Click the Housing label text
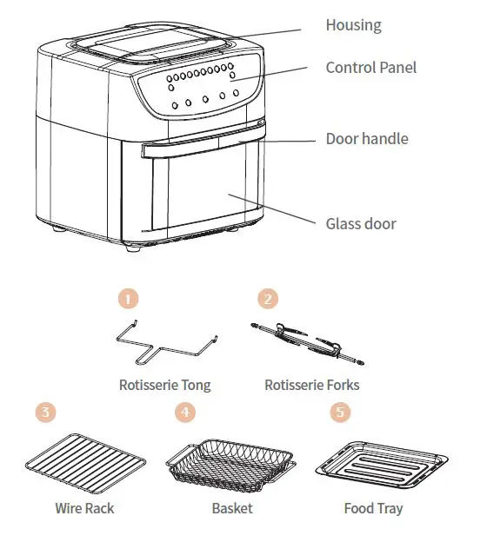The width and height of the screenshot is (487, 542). (x=353, y=25)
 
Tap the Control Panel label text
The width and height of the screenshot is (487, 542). (x=370, y=68)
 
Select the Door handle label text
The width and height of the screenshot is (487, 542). (x=366, y=139)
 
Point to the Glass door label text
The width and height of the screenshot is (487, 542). (x=360, y=224)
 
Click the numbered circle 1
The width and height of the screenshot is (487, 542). (x=128, y=300)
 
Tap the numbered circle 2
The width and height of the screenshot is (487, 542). (x=269, y=300)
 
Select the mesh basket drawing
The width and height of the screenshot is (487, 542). (x=225, y=459)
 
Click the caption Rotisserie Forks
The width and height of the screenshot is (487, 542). (x=311, y=385)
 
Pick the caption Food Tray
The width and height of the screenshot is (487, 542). (x=372, y=508)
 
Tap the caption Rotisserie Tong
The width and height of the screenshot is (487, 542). (x=164, y=385)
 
